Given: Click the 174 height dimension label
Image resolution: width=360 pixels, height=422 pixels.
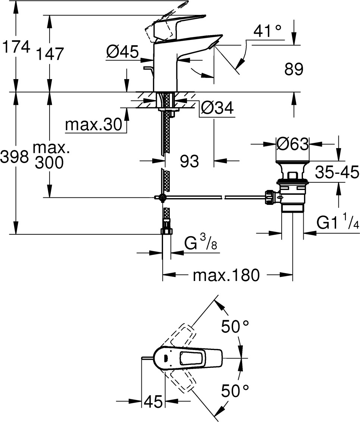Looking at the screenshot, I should [15, 47].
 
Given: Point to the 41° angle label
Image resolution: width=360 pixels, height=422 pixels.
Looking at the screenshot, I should [267, 31].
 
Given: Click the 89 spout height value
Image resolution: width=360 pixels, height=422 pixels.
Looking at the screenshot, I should [294, 69].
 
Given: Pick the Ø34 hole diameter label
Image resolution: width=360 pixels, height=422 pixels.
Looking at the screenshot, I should [217, 109].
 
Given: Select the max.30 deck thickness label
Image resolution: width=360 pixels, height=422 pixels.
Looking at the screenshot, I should [94, 125].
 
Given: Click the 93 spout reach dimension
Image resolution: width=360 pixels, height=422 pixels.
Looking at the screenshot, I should [189, 161].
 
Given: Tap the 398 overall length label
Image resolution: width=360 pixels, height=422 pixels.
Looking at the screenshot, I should [15, 157].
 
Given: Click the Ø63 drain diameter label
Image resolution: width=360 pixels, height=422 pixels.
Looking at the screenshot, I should [293, 143].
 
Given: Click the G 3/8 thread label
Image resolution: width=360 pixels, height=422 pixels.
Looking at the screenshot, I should [200, 244].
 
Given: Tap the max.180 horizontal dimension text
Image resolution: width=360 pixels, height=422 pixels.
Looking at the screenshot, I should [226, 275].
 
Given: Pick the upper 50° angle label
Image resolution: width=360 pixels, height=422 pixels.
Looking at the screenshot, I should [235, 327].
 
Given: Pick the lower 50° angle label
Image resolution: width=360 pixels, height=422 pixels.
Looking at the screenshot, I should [235, 391].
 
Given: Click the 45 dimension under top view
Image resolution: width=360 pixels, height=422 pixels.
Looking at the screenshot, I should [153, 401].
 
